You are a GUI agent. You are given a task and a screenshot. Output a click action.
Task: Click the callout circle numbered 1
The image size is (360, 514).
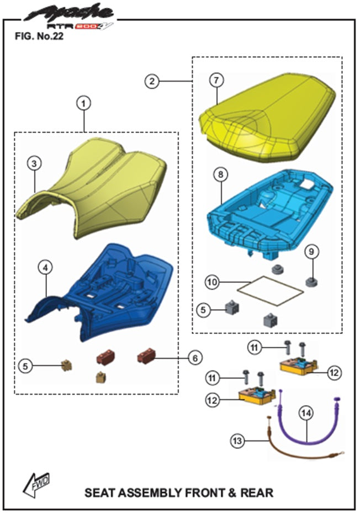[x=83, y=103]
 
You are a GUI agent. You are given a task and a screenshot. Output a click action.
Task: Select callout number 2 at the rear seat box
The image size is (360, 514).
[x=151, y=82]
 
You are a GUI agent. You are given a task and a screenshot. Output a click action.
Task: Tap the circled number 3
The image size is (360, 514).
[x=35, y=163]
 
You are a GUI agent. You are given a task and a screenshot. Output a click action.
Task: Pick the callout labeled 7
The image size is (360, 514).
[x=217, y=80]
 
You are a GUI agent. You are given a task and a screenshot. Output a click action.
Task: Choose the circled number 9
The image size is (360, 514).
[x=311, y=252]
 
